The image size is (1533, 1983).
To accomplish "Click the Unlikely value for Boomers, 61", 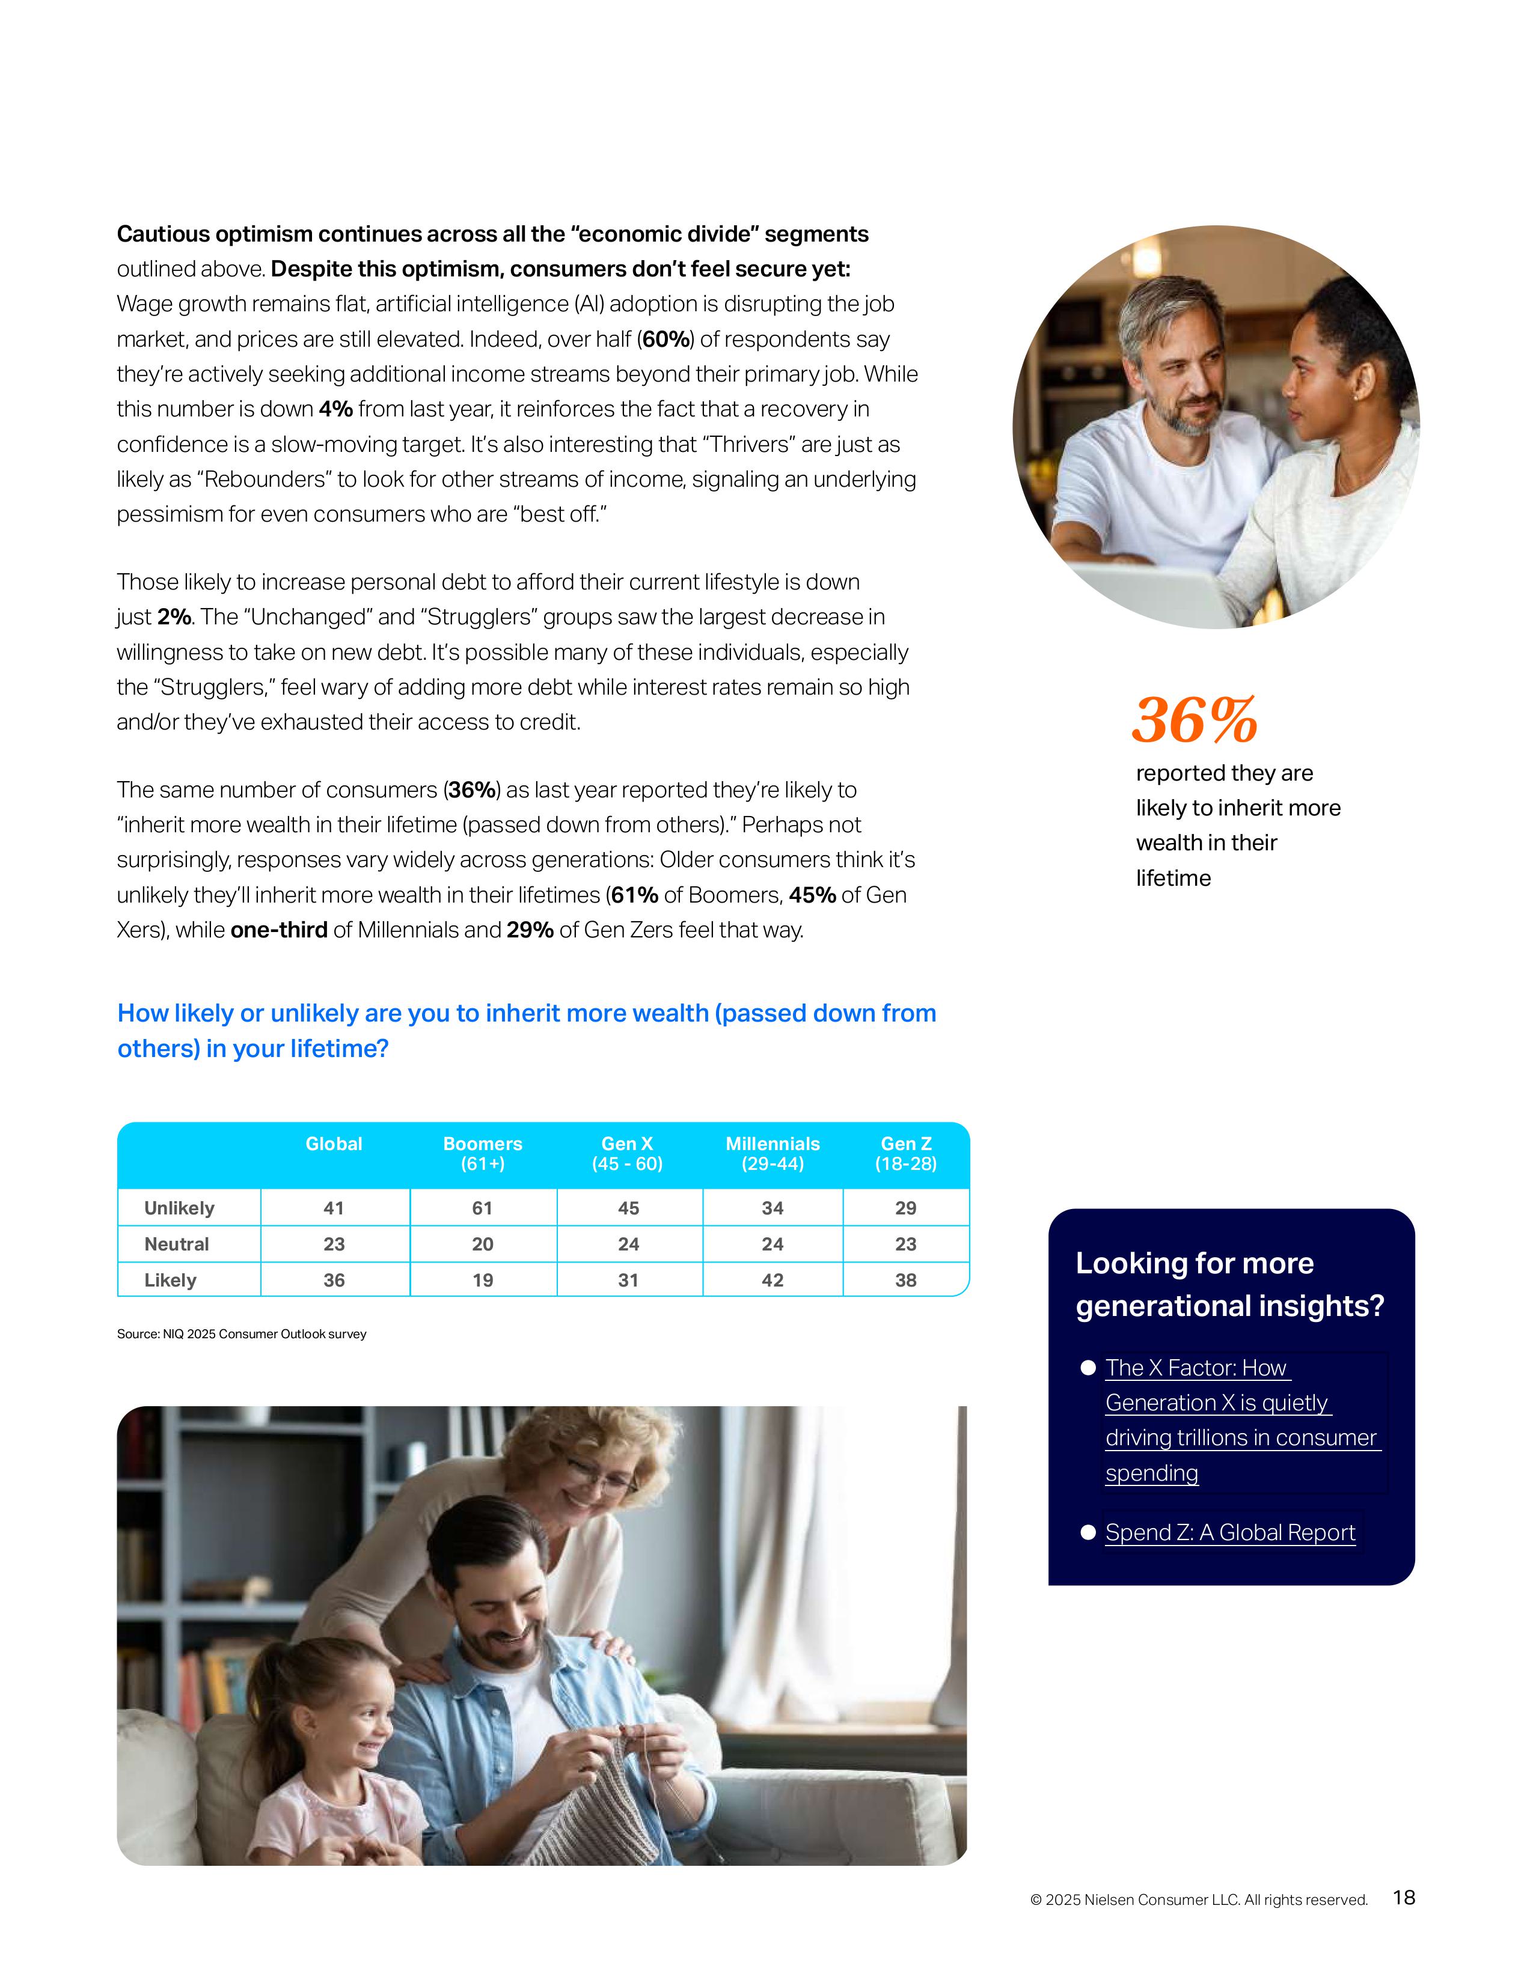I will [x=482, y=1208].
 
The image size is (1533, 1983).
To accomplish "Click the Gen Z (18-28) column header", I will [x=905, y=1153].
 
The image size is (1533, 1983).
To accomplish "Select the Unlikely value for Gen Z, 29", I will [x=905, y=1208].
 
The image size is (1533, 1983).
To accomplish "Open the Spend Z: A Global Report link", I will [x=1229, y=1533].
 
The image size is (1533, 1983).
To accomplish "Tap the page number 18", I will [x=1403, y=1898].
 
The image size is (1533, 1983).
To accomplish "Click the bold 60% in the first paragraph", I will [x=666, y=340].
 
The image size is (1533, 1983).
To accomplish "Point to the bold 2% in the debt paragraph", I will [x=174, y=617].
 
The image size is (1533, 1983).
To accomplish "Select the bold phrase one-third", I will [x=279, y=931].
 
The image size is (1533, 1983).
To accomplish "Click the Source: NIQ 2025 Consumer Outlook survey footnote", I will [x=242, y=1334].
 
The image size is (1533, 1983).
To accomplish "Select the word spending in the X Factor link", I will [x=1152, y=1473].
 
